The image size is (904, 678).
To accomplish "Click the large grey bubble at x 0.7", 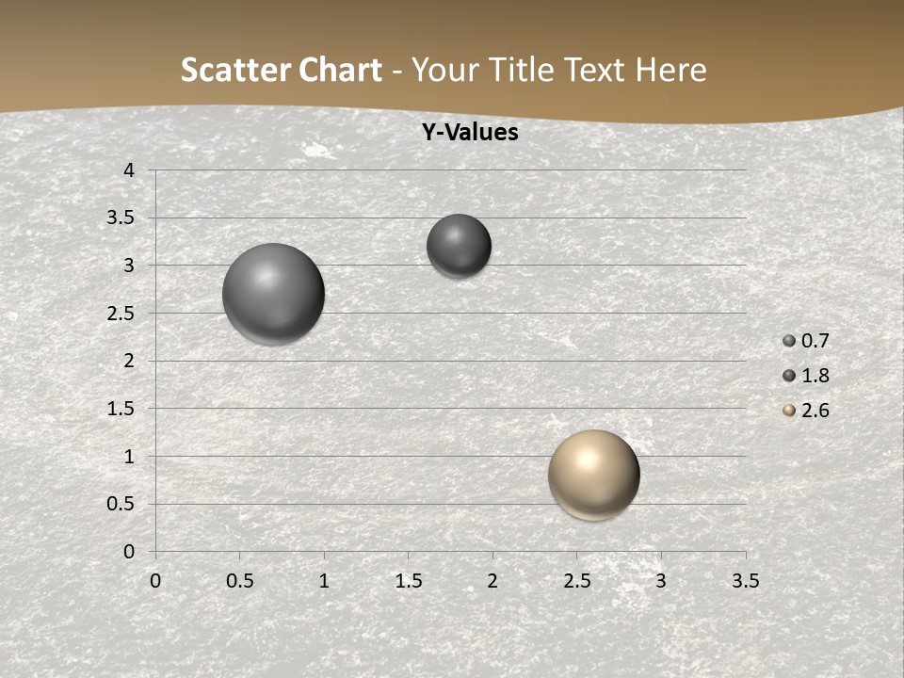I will point(273,294).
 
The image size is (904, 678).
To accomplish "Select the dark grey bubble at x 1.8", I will point(459,246).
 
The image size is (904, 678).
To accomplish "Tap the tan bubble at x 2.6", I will point(593,475).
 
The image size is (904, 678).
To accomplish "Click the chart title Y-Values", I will point(469,133).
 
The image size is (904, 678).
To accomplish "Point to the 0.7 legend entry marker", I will point(789,341).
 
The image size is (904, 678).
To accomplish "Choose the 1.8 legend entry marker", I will point(789,376).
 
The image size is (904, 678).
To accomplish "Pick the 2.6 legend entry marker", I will point(789,411).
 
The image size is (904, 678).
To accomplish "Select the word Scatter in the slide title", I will point(234,70).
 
